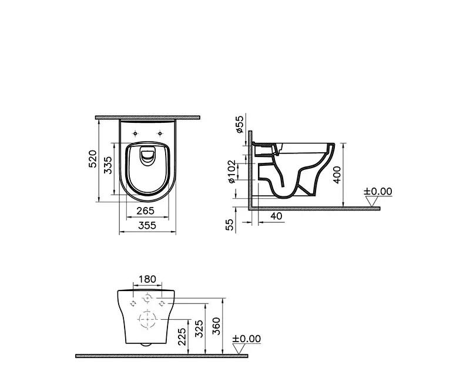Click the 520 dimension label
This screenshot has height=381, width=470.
coord(92,159)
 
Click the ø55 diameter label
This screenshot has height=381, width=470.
coord(240,124)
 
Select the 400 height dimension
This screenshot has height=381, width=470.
coord(337,174)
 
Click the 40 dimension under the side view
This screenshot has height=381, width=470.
coord(277,216)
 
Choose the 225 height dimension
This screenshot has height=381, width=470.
coord(182,336)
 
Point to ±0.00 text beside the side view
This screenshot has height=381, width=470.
coord(377,191)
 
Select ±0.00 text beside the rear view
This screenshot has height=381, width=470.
coord(246,339)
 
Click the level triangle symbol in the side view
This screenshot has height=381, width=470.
coord(371,201)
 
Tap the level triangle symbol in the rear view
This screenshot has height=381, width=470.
coord(239,349)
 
